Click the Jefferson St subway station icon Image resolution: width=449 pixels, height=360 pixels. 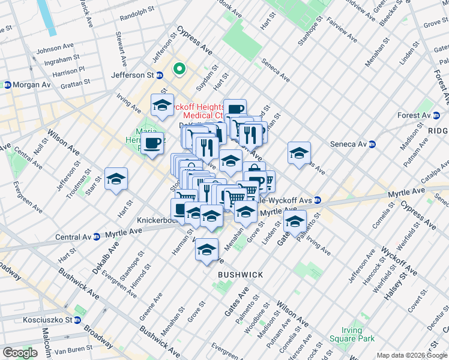coord(160,75)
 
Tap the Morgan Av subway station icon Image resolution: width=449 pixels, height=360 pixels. coord(8,85)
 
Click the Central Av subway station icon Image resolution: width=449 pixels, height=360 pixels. coord(96,236)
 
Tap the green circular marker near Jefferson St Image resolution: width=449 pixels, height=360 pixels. coord(179,69)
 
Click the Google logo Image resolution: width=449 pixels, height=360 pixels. coord(20,353)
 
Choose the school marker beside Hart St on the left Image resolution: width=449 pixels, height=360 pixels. coord(116,179)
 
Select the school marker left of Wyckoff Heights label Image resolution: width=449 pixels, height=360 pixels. coord(162,106)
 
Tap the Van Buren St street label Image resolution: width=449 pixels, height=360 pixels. coord(73,350)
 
